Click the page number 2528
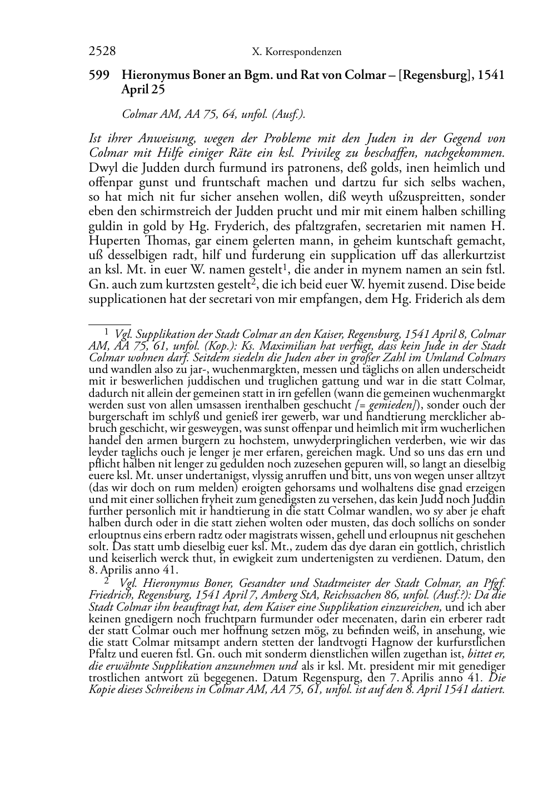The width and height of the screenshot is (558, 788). click(102, 51)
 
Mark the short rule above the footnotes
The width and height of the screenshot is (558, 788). click(109, 322)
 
